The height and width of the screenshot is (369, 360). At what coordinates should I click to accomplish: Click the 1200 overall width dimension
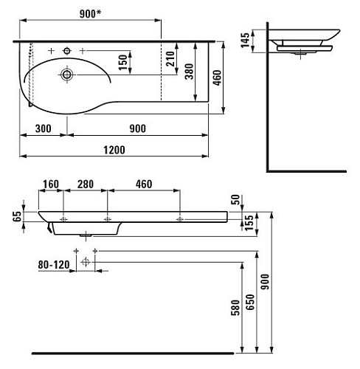tap(114, 150)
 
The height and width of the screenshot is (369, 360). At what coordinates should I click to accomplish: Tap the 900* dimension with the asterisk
tap(90, 14)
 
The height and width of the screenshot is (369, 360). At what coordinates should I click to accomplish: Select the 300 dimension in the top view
tap(44, 128)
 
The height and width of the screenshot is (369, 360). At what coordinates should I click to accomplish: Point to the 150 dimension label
tap(122, 62)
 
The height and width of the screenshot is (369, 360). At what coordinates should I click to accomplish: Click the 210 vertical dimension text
tap(170, 58)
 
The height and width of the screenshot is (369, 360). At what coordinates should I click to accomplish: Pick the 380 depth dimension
tap(190, 72)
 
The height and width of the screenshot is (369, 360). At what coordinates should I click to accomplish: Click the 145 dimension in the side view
tap(245, 40)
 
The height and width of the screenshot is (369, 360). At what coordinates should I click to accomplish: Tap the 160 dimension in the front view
tap(51, 184)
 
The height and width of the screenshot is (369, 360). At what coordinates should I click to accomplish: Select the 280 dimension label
tap(86, 184)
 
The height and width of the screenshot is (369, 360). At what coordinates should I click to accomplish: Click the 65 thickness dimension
tap(17, 216)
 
